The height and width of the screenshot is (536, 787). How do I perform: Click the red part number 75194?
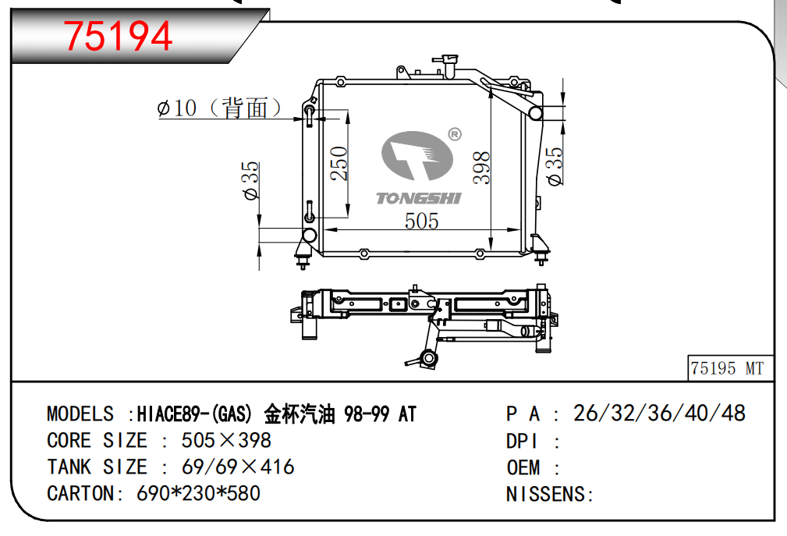[118, 36]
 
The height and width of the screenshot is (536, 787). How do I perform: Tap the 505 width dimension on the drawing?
[422, 222]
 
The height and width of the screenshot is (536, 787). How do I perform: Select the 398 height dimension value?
[481, 168]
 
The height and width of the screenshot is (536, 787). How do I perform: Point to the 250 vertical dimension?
[339, 163]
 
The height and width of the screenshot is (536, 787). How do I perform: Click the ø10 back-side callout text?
[220, 108]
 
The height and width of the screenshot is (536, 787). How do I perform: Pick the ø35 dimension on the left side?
[251, 180]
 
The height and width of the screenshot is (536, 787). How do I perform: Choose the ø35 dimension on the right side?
[555, 166]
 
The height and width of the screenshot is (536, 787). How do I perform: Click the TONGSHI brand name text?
[419, 198]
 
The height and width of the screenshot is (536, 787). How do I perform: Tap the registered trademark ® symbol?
[454, 134]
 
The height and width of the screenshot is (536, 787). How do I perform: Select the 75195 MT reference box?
[730, 368]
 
